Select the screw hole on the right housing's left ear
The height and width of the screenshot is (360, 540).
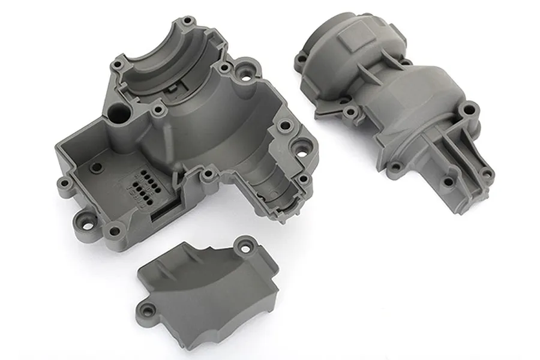tap(299, 58)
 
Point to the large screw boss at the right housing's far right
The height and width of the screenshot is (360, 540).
tap(470, 110)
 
